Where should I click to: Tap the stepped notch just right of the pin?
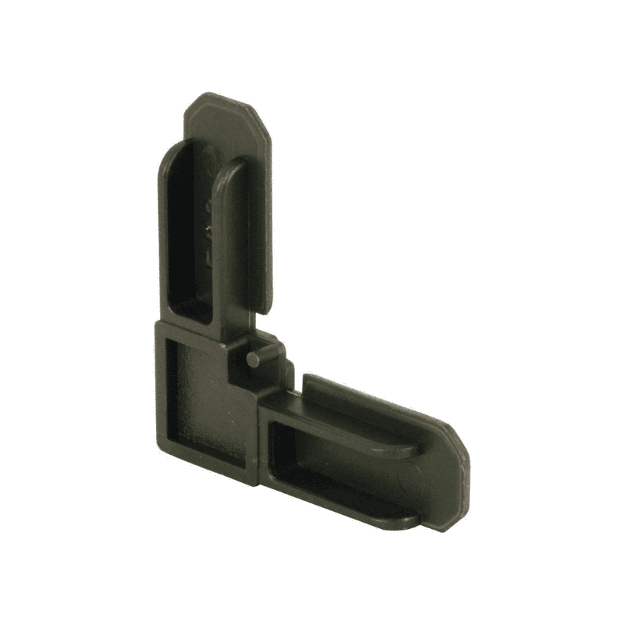[284, 365]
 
